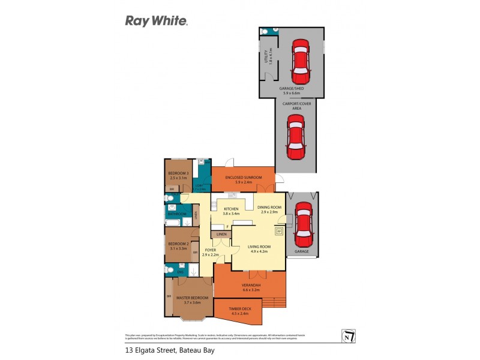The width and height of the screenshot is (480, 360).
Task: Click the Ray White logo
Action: [x=156, y=21]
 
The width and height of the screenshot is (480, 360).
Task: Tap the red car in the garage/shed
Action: [x=300, y=62]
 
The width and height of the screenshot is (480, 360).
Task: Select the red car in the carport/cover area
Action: [x=296, y=138]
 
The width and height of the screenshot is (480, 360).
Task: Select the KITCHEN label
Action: [x=231, y=209]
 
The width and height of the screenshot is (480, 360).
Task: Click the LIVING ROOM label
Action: [x=257, y=246]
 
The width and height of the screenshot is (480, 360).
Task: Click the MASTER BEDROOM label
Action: [x=192, y=298]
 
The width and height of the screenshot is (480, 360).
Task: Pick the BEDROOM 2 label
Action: [x=179, y=244]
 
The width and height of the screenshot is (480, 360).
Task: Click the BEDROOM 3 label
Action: [x=179, y=174]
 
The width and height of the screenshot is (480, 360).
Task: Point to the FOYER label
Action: [x=210, y=250]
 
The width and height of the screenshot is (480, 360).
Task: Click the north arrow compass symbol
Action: [x=346, y=336]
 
